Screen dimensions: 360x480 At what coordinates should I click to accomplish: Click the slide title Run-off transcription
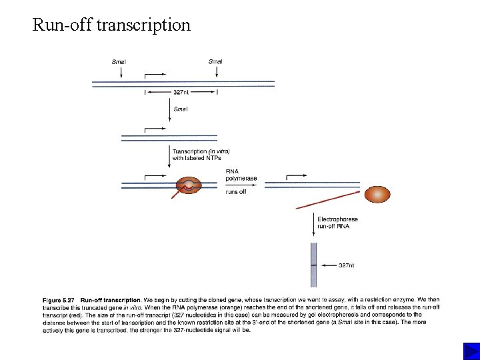click(111, 25)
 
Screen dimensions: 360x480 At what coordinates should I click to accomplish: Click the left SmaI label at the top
click(119, 62)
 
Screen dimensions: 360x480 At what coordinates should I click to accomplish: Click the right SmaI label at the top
click(215, 62)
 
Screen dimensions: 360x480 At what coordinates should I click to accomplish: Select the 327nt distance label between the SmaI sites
click(181, 93)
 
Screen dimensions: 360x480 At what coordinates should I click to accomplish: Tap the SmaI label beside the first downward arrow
click(181, 109)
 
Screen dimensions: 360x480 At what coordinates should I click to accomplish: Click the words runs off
click(237, 192)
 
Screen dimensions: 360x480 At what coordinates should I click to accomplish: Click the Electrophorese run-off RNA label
click(337, 223)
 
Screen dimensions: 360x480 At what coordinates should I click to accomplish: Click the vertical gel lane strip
click(313, 265)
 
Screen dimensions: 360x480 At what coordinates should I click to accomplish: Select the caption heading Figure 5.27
click(59, 300)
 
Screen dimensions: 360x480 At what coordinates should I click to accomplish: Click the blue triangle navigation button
click(470, 351)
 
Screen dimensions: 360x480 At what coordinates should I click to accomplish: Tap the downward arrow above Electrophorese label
click(313, 223)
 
